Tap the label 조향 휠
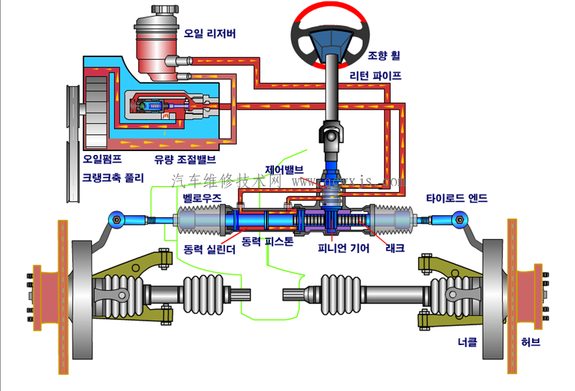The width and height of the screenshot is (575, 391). (x=384, y=56)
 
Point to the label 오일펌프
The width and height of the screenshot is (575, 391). (x=103, y=158)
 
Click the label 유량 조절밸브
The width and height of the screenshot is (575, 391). (x=185, y=158)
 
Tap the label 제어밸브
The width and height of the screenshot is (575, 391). (x=284, y=170)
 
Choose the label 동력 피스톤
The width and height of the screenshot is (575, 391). (x=267, y=242)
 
